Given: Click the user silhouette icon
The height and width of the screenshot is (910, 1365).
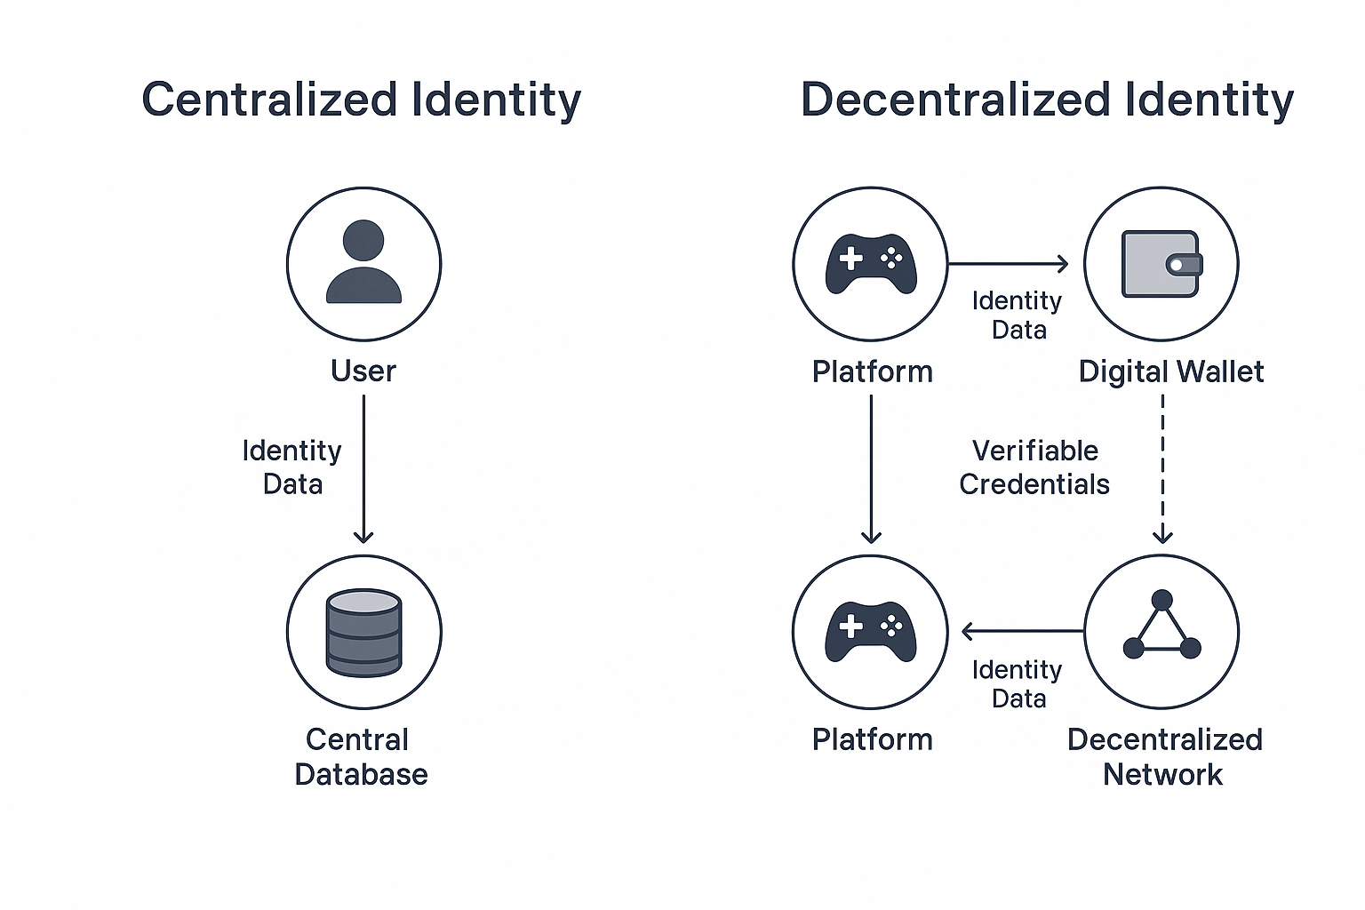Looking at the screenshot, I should point(363,262).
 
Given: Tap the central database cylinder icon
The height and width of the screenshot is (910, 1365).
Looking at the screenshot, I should point(363,632).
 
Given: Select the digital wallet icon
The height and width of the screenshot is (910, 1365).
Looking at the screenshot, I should point(1161,264).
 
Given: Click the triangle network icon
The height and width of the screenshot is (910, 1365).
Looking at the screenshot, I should point(1161,627).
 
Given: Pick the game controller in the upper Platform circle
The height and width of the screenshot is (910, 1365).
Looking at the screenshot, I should point(871,263).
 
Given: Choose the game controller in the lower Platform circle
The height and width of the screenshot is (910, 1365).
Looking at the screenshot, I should point(871,631).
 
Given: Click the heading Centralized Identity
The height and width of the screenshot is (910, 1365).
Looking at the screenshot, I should point(361,100).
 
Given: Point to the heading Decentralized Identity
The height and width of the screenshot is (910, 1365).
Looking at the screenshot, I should point(1047,100).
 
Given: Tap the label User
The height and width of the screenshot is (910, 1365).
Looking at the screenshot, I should point(363,371).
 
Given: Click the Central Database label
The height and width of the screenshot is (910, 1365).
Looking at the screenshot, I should point(361,756).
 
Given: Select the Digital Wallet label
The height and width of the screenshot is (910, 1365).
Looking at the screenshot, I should point(1170,371).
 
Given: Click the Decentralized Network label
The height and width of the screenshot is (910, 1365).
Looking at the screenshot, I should point(1164,756).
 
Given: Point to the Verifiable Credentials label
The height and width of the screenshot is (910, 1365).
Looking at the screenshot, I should point(1034,467).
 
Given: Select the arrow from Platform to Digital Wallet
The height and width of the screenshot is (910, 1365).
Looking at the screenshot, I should point(1008,263).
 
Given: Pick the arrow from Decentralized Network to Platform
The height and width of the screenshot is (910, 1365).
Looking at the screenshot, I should point(1022,632).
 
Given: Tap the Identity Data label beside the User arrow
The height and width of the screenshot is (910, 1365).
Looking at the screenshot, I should point(292,467).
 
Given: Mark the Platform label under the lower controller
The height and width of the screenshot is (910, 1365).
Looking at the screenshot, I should point(872,739).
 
